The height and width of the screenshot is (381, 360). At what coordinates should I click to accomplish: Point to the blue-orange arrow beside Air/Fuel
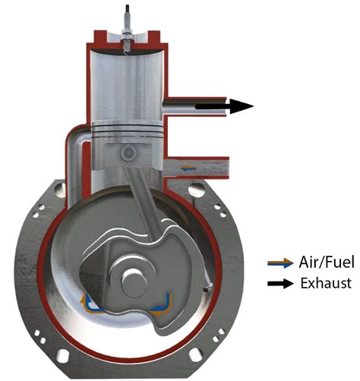[x=279, y=264]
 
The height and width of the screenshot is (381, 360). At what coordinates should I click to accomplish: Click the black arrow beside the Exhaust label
[x=279, y=284]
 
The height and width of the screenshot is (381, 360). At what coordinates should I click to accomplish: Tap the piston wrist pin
[x=128, y=153]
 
